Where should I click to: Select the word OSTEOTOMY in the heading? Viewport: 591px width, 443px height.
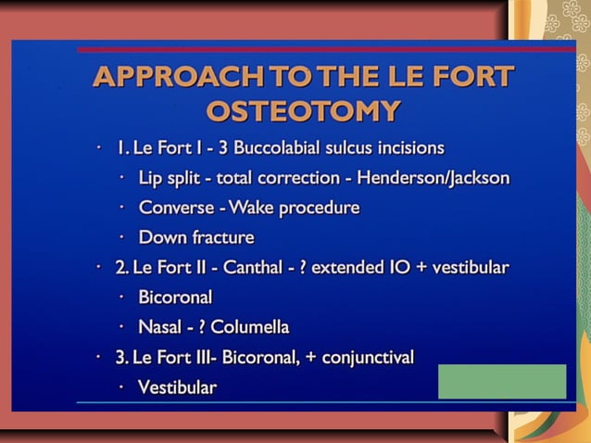pos(303,111)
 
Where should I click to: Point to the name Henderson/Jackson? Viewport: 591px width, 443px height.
pos(434,178)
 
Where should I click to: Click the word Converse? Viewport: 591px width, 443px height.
pos(176,208)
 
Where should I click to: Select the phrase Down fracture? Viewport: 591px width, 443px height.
pos(183,237)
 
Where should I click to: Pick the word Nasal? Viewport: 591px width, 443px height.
pos(160,327)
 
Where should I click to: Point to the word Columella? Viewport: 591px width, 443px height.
pos(250,327)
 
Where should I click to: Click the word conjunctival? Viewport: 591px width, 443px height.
pos(368,357)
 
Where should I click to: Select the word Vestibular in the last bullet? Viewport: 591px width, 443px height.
pos(177,387)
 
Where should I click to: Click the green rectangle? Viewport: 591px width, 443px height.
pos(501,381)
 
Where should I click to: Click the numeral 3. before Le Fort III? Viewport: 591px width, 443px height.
pos(121,357)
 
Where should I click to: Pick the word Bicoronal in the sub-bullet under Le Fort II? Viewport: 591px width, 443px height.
pos(175,297)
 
